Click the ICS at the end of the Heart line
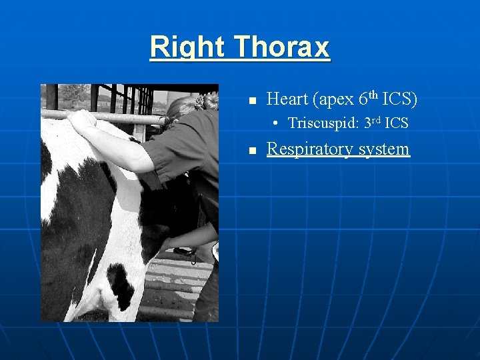[x=399, y=99]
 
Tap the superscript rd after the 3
[x=377, y=120]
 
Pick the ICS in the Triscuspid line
[x=397, y=123]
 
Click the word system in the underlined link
[x=384, y=149]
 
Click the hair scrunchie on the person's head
[x=201, y=102]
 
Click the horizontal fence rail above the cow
[x=120, y=117]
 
